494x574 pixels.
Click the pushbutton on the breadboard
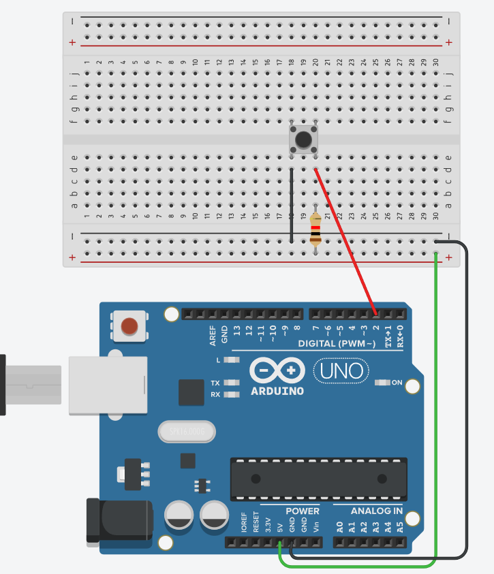tap(304, 139)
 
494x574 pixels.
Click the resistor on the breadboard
tap(315, 229)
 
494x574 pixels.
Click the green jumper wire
tap(436, 409)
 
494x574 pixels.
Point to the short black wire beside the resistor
tap(291, 204)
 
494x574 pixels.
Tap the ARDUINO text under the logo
tap(277, 392)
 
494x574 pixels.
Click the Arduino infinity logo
tap(277, 371)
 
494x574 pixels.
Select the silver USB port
tap(108, 385)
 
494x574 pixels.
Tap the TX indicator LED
tap(232, 383)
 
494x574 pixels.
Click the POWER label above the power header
tap(302, 511)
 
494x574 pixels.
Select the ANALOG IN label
tap(376, 511)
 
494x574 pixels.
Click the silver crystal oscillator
tap(185, 431)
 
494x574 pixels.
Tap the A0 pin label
tap(339, 526)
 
